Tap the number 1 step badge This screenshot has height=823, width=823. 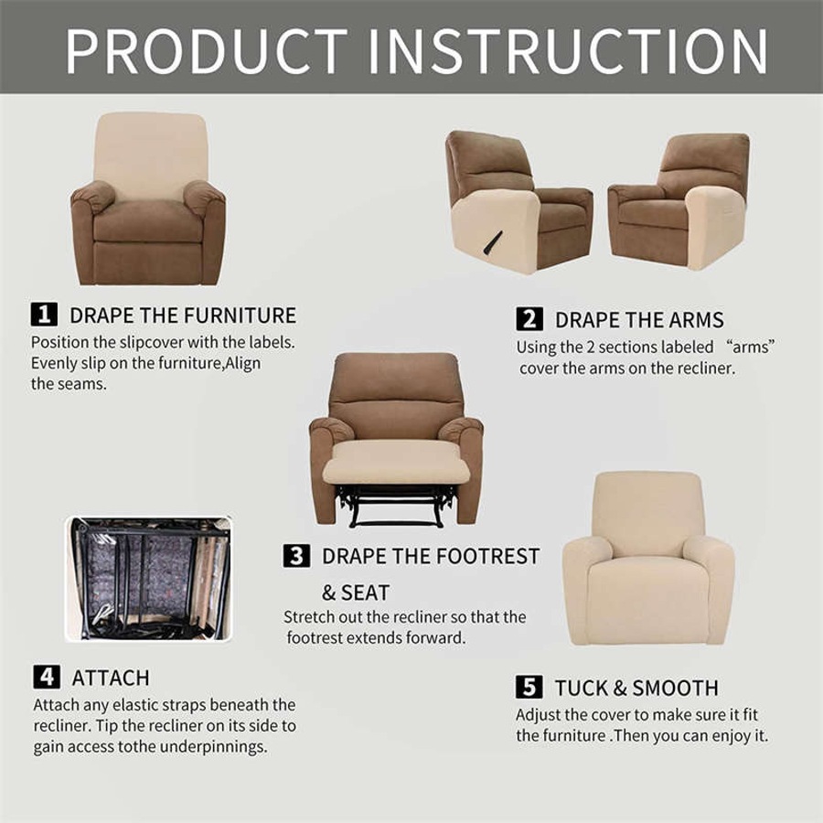click(45, 315)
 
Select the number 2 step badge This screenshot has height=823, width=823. click(529, 319)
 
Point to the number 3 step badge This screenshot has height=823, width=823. click(296, 556)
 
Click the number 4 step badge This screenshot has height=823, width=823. click(47, 678)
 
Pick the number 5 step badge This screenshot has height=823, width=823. click(529, 688)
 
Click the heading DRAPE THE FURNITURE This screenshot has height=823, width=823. click(183, 315)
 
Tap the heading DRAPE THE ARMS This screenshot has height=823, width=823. click(639, 320)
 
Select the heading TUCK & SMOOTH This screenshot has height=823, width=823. click(636, 688)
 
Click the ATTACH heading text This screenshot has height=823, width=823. click(111, 678)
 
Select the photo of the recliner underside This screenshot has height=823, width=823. click(147, 578)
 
